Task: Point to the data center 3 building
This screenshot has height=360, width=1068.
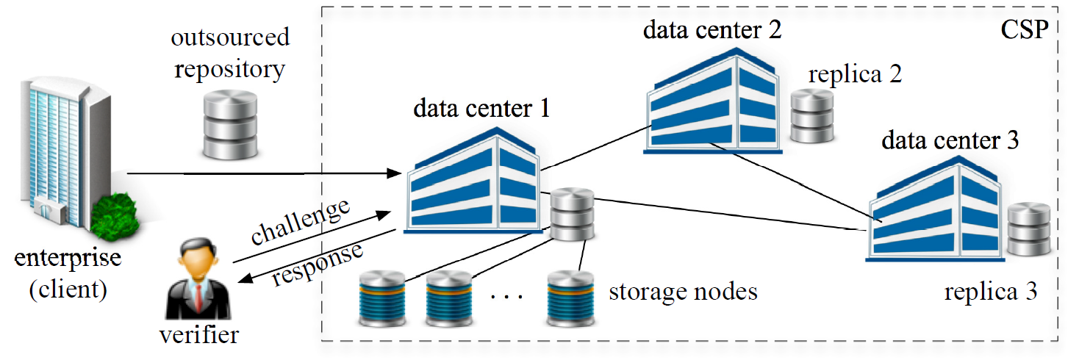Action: pyautogui.click(x=934, y=213)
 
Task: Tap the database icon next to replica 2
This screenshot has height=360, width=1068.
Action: pyautogui.click(x=812, y=115)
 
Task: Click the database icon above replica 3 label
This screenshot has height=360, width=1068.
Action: pyautogui.click(x=1030, y=231)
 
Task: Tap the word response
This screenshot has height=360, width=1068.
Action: pyautogui.click(x=318, y=263)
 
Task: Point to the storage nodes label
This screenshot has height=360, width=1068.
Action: pyautogui.click(x=683, y=292)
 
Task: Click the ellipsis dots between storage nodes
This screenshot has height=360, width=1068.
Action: pyautogui.click(x=505, y=297)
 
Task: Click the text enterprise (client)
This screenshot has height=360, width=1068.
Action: pyautogui.click(x=68, y=273)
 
